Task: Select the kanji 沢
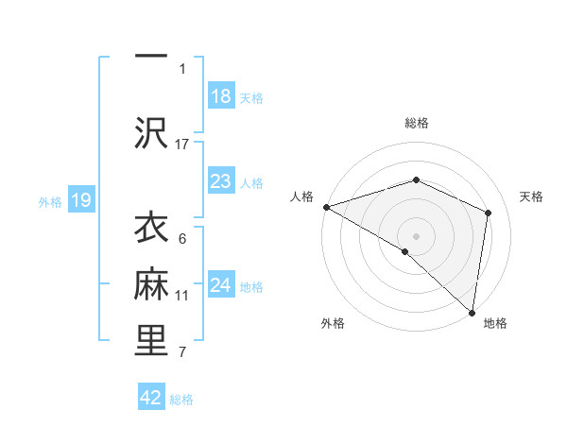151,133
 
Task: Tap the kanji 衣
151,230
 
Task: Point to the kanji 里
151,341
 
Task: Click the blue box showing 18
220,96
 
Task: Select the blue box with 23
220,181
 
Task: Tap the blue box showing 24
220,286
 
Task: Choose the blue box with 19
80,200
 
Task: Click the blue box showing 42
151,398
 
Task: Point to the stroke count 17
182,144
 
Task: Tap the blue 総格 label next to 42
181,400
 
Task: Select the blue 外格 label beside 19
50,201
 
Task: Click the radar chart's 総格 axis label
416,123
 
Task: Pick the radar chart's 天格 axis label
532,196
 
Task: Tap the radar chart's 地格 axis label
495,323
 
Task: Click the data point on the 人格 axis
326,206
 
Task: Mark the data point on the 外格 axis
404,251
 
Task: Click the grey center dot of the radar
416,235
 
